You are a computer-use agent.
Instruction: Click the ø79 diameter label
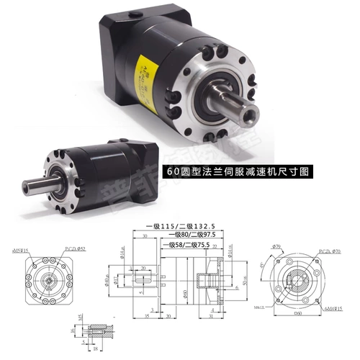point(277,246)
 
